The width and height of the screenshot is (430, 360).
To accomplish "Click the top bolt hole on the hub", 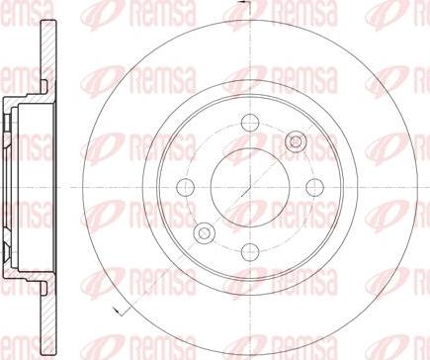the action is (250, 123).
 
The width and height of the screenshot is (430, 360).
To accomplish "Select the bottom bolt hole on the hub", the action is (250, 252).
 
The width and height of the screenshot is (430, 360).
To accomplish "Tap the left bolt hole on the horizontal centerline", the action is (186, 187).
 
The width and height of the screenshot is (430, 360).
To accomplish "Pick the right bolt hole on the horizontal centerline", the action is (315, 187).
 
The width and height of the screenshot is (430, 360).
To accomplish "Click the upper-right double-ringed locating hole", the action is (296, 141).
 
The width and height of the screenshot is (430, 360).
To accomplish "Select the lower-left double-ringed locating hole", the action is (205, 233).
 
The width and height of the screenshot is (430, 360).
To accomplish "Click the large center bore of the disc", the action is (250, 187).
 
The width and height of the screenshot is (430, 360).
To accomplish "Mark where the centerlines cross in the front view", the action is (250, 187).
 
